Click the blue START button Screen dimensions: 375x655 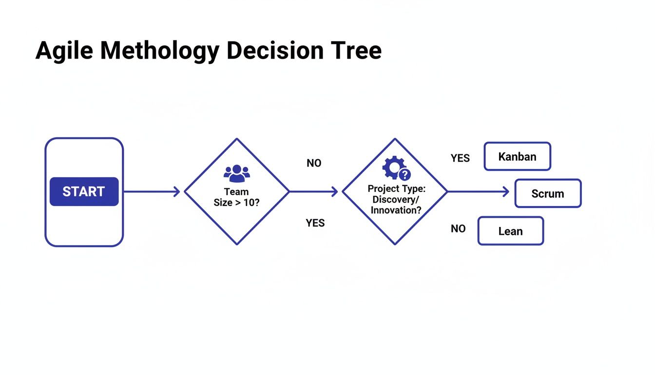tap(84, 191)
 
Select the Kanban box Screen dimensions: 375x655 tap(517, 157)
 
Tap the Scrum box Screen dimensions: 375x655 tap(548, 193)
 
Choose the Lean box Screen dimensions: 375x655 tap(510, 231)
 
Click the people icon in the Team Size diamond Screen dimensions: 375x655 tap(236, 172)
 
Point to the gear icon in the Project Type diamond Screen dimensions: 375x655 tap(393, 168)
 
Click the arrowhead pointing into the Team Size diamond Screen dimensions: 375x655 tap(177, 192)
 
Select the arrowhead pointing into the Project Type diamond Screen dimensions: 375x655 tap(335, 192)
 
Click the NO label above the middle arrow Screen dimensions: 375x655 tap(314, 163)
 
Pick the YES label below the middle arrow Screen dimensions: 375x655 tap(315, 223)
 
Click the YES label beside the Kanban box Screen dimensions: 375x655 tap(460, 158)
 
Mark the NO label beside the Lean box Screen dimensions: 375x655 tap(458, 229)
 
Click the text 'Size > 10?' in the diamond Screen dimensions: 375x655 tap(236, 202)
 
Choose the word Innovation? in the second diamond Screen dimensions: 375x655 tap(395, 210)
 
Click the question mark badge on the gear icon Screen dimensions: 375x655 tap(405, 175)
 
